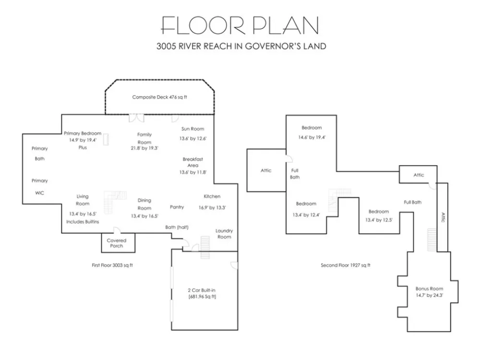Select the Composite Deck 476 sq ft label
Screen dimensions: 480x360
(159, 97)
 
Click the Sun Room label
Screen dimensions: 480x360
(192, 129)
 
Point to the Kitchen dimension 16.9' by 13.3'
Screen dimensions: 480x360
(212, 207)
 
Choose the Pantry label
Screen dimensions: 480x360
(177, 207)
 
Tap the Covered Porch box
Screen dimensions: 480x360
(118, 243)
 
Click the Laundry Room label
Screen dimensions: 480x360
(224, 234)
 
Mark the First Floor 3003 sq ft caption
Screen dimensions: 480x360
(112, 265)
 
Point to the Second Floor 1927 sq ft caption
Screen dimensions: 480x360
(346, 265)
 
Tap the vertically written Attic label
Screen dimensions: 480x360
(443, 217)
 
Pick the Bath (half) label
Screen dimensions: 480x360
(177, 227)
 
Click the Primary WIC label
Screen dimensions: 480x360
(40, 187)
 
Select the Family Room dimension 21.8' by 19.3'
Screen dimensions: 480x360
(144, 148)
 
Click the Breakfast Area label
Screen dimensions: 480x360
(193, 162)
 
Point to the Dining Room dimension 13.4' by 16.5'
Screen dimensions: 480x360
(144, 216)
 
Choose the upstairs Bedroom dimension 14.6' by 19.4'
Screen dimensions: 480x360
(312, 137)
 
